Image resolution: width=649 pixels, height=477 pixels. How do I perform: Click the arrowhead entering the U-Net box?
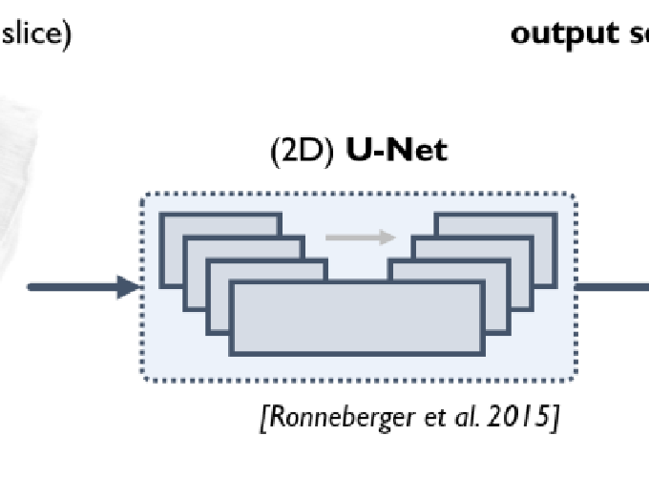pos(128,286)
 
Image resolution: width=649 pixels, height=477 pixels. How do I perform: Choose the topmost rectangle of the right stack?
pos(496,223)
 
